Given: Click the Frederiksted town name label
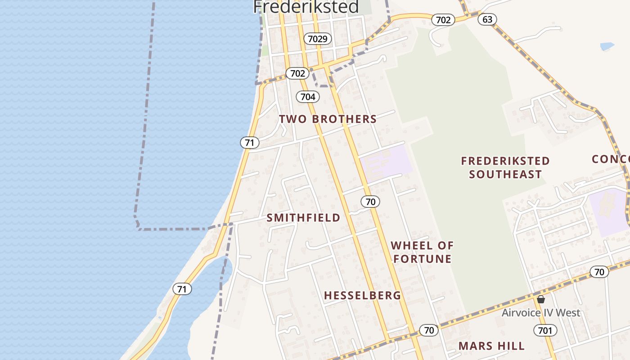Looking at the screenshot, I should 306,7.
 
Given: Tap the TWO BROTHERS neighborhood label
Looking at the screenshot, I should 328,119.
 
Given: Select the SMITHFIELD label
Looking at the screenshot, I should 303,218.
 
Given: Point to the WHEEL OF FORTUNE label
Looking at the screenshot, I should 422,252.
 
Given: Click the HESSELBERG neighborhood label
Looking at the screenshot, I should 362,295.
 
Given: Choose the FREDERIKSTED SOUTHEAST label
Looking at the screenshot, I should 505,167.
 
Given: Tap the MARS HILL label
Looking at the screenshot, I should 491,346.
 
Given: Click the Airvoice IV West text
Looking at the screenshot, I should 541,313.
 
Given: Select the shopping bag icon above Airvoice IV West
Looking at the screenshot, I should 541,299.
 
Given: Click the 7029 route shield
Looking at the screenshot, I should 317,39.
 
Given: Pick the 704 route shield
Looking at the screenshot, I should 308,96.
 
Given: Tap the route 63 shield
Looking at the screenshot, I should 487,19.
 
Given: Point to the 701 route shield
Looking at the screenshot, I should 545,331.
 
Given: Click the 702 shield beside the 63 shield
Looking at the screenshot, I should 443,20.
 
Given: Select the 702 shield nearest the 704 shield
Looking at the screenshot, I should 297,73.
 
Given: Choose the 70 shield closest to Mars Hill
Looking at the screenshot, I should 429,330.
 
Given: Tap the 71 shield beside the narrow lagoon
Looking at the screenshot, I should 182,289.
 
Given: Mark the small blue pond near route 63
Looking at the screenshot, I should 607,46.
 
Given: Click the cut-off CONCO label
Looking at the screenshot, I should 610,159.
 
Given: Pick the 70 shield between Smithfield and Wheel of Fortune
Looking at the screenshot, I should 370,202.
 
